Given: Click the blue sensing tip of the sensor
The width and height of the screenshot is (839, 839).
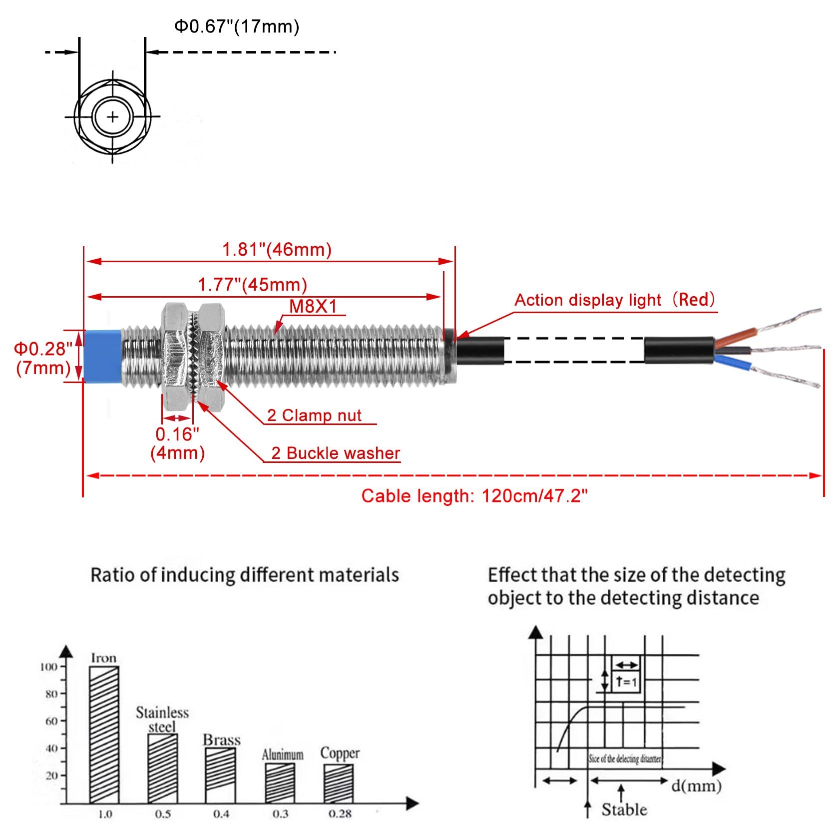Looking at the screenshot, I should (103, 356).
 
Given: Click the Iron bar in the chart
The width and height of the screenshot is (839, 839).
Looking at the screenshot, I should (104, 734).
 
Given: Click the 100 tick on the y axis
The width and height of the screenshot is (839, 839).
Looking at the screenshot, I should (49, 667).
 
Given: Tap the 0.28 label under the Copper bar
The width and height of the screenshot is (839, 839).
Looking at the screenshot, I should (340, 814).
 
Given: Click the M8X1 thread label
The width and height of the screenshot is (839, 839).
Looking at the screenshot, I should (313, 306).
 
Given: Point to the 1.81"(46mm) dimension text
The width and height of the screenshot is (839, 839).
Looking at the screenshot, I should (277, 249).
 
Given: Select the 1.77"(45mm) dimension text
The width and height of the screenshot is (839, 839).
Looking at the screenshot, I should (252, 284).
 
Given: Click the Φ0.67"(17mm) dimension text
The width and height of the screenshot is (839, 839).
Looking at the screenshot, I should (236, 26).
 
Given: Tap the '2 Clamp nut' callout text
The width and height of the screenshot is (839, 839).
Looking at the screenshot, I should (314, 415).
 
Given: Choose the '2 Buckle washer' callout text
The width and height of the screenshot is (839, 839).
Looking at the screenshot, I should (336, 453).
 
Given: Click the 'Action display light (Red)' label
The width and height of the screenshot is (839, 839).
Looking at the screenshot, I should (615, 300).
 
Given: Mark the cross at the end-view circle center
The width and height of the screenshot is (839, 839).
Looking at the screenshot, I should (112, 117).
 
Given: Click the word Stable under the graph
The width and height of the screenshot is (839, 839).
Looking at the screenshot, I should (624, 809).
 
